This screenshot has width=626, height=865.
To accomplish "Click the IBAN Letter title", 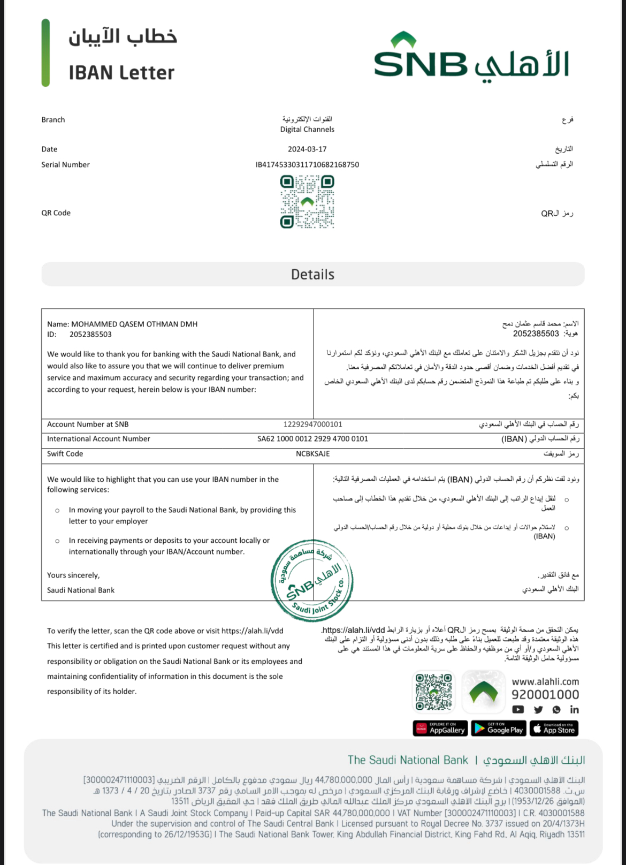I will tap(121, 73).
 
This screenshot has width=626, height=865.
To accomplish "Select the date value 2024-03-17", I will tap(307, 149).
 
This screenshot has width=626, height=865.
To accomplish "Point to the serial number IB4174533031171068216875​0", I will tap(307, 165).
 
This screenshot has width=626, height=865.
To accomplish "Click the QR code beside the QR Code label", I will tap(307, 202).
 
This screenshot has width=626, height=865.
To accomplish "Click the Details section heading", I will tap(312, 275).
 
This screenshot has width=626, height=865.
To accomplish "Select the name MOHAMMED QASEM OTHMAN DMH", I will tap(134, 324).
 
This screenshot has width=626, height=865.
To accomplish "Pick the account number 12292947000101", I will tap(312, 424).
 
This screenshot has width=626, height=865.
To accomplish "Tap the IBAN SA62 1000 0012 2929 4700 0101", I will tap(312, 439).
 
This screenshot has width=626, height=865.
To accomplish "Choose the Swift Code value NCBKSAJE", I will tap(312, 454).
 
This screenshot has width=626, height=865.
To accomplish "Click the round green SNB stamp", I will tap(312, 580).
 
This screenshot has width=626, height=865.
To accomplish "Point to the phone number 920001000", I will tap(545, 695).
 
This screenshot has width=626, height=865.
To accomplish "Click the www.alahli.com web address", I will tap(545, 682).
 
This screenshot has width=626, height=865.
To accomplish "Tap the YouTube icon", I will tap(518, 710).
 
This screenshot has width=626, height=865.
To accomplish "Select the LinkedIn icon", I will tap(574, 710).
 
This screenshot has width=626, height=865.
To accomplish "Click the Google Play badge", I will tap(499, 729).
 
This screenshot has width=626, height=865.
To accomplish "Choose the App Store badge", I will tap(554, 729).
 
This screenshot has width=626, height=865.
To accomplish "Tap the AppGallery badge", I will tap(440, 729).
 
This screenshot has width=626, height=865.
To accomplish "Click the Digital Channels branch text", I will tap(307, 130).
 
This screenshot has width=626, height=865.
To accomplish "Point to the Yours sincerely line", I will tap(73, 575).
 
